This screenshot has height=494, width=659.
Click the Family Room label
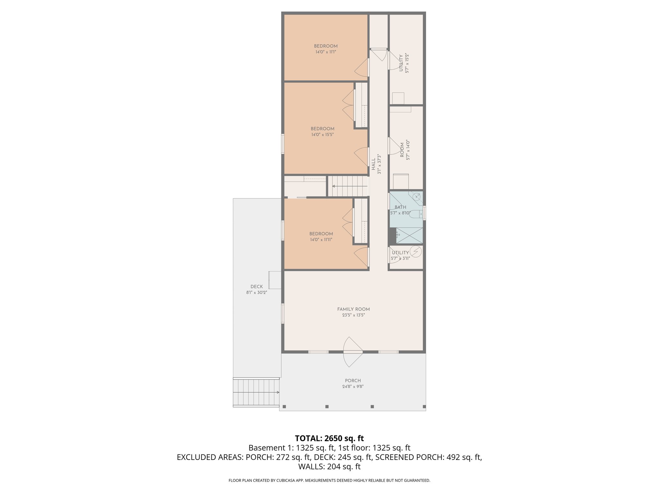(x=353, y=309)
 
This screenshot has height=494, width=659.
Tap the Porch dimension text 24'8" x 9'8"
(x=353, y=387)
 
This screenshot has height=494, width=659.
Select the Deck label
(x=256, y=287)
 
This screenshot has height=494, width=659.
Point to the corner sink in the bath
(x=417, y=196)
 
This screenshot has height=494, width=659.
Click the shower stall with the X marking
(x=409, y=235)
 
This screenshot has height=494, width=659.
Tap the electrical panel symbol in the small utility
(x=415, y=252)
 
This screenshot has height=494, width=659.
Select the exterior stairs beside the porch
(x=256, y=392)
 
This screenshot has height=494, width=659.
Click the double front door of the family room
(x=353, y=352)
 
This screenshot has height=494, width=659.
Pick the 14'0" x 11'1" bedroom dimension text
(x=326, y=52)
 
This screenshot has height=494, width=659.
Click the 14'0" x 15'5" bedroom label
(x=322, y=129)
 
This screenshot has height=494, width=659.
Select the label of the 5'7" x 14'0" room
(x=402, y=150)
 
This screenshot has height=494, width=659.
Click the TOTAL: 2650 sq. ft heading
(x=329, y=438)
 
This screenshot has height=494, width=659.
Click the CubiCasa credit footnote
(x=329, y=480)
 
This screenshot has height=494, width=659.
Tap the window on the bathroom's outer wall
(x=424, y=213)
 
